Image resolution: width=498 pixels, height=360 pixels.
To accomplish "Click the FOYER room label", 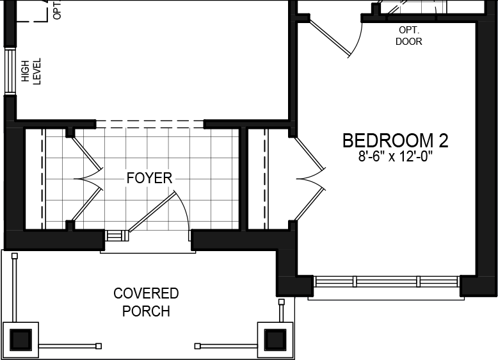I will point(149,177).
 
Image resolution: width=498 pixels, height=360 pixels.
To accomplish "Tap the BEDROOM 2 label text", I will point(395,141).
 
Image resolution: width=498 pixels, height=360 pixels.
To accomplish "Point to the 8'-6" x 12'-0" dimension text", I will point(395,157).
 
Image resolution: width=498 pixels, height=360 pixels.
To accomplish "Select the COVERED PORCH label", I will point(146,302).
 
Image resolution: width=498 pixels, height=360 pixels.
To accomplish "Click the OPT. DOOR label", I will point(409,36).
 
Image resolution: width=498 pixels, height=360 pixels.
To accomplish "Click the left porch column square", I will point(21,338).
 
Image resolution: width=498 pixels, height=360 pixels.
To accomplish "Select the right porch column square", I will point(275,338).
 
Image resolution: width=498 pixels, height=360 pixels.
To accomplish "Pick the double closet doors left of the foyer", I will point(86,178).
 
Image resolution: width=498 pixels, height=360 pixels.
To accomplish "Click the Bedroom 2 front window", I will point(387,281).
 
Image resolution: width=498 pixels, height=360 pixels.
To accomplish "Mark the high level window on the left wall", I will point(10,70).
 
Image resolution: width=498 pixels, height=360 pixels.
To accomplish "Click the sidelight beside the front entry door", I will point(116,235).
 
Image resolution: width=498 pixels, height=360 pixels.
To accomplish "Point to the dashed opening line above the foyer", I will point(150,123).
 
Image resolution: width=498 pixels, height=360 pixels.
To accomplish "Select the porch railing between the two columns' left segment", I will point(68,346).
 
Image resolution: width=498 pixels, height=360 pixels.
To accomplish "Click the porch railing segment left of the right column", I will point(227,346).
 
